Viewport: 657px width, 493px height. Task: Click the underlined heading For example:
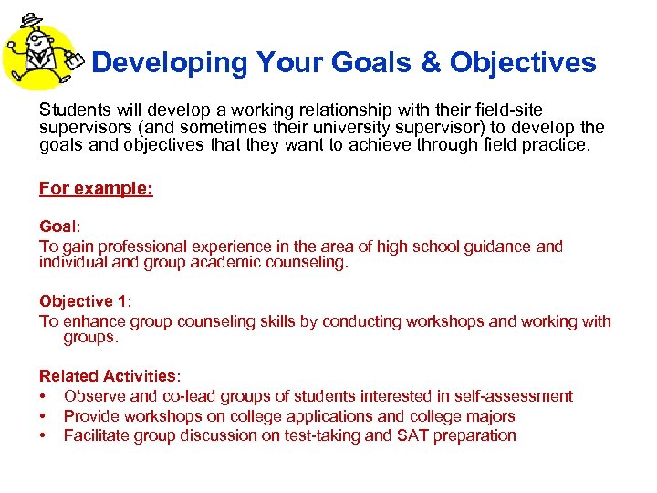pyautogui.click(x=96, y=189)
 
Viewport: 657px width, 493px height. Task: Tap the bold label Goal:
pyautogui.click(x=58, y=226)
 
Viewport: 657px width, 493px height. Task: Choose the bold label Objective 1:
pyautogui.click(x=85, y=301)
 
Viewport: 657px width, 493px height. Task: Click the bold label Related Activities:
pyautogui.click(x=109, y=376)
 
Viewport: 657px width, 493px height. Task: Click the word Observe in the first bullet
pyautogui.click(x=95, y=396)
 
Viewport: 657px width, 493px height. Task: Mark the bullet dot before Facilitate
pyautogui.click(x=43, y=436)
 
